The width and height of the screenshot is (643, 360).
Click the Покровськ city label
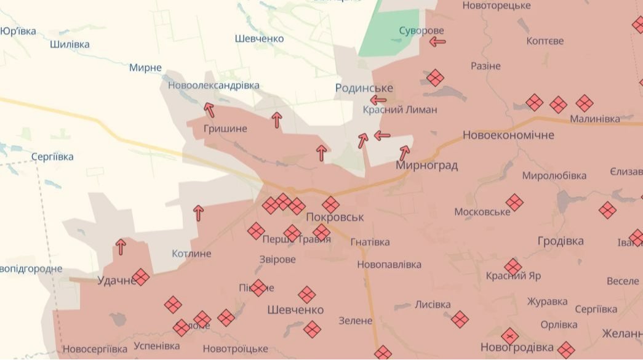[x=335, y=217]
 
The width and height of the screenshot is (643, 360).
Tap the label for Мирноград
[x=427, y=166]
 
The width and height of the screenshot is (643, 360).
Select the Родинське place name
[x=364, y=88]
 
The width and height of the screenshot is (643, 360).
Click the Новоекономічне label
[x=508, y=135]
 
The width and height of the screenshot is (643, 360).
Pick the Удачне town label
[x=116, y=281]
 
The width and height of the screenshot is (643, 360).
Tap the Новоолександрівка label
[x=214, y=86]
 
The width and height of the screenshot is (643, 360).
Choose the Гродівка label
[x=561, y=241]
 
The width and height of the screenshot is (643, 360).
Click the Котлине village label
[x=191, y=254]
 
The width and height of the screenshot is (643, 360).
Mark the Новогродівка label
[x=517, y=347]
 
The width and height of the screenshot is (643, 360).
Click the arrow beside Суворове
[x=437, y=42]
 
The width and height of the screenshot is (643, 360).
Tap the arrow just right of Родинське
[x=378, y=100]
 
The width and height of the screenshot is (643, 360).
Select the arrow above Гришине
[x=209, y=110]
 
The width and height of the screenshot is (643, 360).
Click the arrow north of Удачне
[x=121, y=247]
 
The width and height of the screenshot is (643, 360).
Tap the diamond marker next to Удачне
[x=141, y=277]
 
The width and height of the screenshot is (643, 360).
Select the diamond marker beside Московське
[x=514, y=202]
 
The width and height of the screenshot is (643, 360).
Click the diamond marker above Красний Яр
[x=513, y=266]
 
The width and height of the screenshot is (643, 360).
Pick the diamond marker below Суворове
[x=435, y=78]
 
